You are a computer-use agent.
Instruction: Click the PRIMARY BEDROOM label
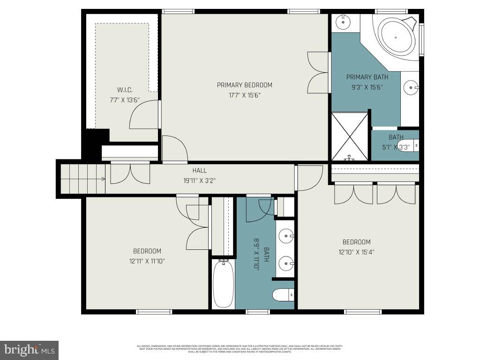tap(244, 85)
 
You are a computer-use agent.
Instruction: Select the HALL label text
tap(199, 171)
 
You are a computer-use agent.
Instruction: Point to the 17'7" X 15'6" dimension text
tap(244, 95)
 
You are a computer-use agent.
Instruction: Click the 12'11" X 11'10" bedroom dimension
tap(147, 261)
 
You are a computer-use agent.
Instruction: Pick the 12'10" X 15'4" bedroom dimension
tap(356, 252)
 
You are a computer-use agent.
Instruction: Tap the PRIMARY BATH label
tap(367, 77)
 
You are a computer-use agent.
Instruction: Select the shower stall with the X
tap(350, 136)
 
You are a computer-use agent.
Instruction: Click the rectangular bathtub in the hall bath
tap(223, 284)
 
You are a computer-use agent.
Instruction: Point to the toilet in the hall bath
tap(283, 294)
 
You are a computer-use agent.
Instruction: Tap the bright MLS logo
tap(29, 350)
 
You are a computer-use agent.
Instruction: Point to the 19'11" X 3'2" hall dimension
tap(199, 180)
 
